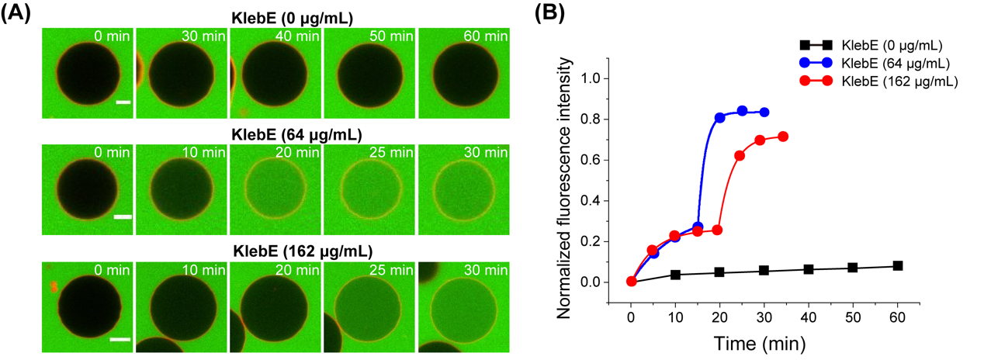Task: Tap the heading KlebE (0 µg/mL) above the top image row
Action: pos(275,16)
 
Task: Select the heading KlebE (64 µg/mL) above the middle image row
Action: pos(275,133)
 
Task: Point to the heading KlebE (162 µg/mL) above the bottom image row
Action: pos(275,250)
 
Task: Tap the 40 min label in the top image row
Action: pos(296,37)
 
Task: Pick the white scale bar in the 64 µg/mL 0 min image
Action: pos(123,216)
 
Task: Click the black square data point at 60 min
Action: pos(898,266)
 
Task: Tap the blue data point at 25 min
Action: pos(742,111)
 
